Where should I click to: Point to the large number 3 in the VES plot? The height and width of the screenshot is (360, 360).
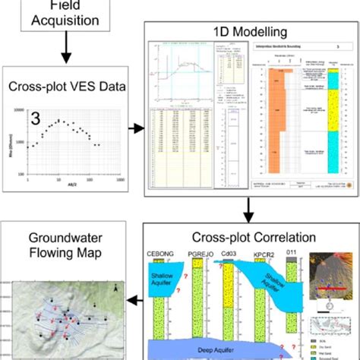click(x=35, y=118)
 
